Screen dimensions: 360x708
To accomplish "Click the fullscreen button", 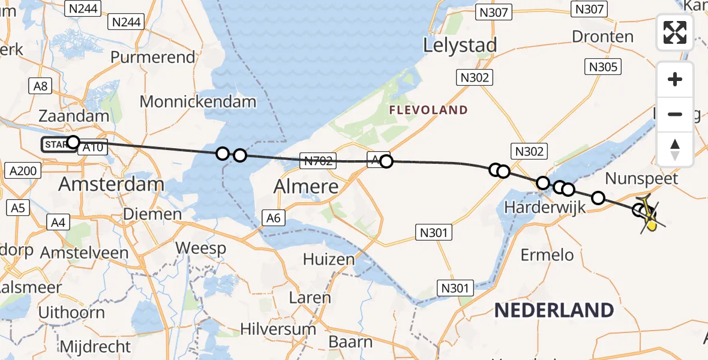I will [675, 32].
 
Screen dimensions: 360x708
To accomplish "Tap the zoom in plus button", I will [675, 79].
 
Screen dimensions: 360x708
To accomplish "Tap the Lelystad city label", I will [460, 45].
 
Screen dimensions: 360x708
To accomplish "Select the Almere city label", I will [307, 187].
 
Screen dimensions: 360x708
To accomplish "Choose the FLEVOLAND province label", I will [428, 110].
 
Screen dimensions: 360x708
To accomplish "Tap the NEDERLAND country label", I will [554, 310].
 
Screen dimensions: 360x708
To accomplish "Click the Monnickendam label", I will [198, 101].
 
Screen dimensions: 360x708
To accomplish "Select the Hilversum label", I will [278, 329].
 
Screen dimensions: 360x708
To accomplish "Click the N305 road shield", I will [603, 67].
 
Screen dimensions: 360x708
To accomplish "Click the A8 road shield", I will [40, 86].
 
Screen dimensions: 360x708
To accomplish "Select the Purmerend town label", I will [153, 58].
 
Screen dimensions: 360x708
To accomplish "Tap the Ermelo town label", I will [547, 255].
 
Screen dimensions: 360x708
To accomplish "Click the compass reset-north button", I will [675, 149].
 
